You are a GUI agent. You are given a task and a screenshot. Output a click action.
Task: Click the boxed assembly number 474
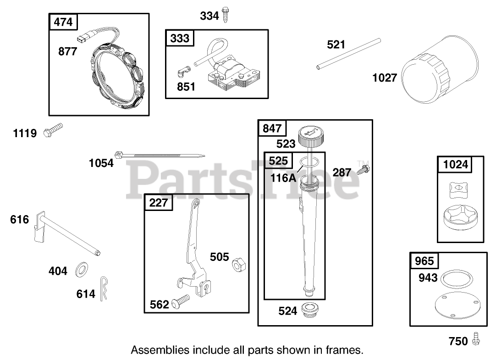tap(63, 22)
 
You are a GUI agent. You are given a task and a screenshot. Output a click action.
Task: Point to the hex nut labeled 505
tap(238, 264)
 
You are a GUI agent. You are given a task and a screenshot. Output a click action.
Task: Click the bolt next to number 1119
tap(52, 130)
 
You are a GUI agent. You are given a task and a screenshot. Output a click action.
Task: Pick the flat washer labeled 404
tap(82, 268)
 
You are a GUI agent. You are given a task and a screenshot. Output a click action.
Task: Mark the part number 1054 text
tap(101, 162)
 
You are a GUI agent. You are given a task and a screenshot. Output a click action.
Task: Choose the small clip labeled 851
tap(183, 72)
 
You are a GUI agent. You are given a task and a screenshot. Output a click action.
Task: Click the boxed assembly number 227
tap(159, 202)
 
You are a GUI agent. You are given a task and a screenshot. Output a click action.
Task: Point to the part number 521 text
tap(336, 44)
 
